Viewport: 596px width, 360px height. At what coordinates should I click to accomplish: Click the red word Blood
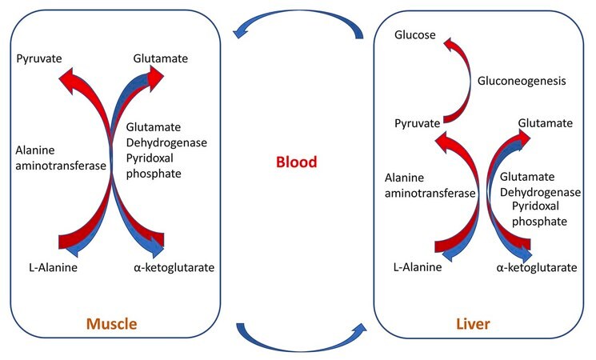coord(297,162)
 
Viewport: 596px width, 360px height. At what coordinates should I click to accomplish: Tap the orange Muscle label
coord(112,324)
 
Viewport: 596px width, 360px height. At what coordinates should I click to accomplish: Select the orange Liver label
coord(473,324)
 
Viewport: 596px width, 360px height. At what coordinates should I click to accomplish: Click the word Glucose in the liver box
coord(415,35)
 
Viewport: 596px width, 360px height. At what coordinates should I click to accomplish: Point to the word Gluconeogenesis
coord(522,81)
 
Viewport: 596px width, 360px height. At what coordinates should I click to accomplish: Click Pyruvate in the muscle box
coord(39,58)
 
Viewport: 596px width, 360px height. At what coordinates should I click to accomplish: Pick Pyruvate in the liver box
coord(418,123)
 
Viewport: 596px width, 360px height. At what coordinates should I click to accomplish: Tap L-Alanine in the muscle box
coord(54,268)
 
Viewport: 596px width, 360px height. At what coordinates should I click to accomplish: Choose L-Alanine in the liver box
coord(418,267)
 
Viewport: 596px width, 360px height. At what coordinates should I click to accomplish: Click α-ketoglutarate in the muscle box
coord(174,268)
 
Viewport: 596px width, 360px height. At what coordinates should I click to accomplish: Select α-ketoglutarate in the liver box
coord(537,268)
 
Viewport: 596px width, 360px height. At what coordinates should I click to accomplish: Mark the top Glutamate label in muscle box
coord(161,58)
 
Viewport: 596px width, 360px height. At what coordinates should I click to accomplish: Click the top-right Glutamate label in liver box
coord(546,123)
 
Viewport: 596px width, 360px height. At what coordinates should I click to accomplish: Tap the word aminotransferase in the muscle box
coord(61,166)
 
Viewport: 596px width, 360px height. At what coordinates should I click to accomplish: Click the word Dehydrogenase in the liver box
coord(540,192)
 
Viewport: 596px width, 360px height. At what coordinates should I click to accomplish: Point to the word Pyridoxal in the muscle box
coord(150,158)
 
